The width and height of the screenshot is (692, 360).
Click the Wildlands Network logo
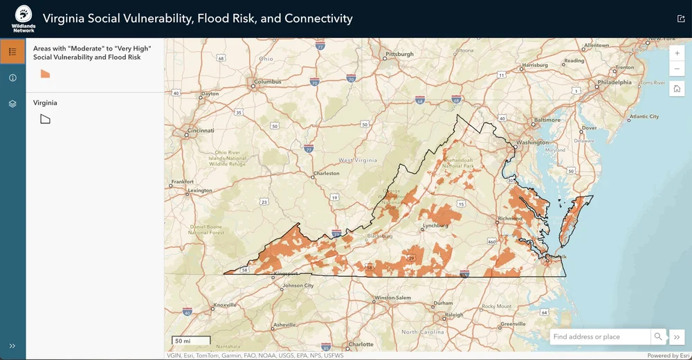[x=23, y=19]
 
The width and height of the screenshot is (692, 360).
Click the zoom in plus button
[x=677, y=53]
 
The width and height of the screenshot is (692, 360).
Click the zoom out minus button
[x=677, y=69]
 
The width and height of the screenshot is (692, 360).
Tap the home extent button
[x=677, y=89]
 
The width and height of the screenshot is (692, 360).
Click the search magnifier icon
[x=657, y=337]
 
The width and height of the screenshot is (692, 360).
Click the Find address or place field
[x=599, y=337]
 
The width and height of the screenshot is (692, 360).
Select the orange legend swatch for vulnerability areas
[x=46, y=74]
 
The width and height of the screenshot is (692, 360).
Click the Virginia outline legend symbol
[x=46, y=119]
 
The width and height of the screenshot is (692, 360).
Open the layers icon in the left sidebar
[x=12, y=104]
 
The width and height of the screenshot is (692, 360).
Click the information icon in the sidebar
[x=12, y=78]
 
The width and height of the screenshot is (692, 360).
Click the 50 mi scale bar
[x=191, y=341]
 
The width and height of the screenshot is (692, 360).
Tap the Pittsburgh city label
[x=399, y=54]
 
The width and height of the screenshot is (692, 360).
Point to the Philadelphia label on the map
[x=614, y=82]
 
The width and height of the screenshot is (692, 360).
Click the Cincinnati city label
[x=200, y=130]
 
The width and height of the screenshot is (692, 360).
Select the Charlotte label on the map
[x=361, y=344]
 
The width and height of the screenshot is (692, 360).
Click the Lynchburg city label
[x=436, y=226]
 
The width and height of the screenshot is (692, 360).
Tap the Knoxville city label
[x=226, y=305]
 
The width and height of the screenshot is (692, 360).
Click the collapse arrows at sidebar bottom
[x=12, y=345]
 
